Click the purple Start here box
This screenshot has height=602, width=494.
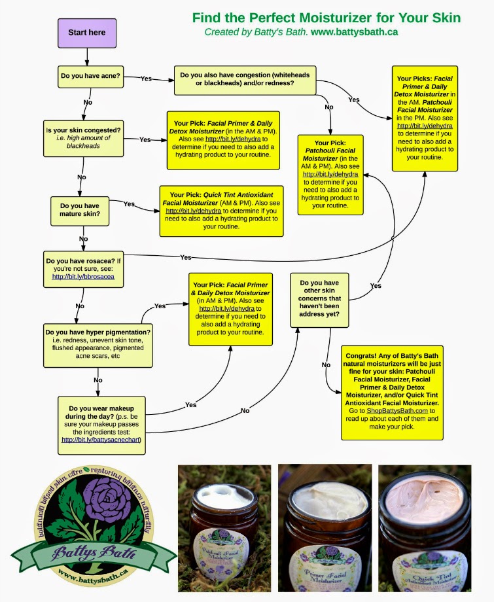point(87,32)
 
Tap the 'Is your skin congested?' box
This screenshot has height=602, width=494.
point(83,138)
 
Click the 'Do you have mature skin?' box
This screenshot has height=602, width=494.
point(80,211)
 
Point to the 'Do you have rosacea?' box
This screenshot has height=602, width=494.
point(83,268)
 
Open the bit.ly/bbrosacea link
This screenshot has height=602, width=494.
point(83,277)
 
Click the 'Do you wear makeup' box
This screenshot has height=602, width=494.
point(102,425)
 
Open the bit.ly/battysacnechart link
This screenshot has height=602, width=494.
point(101,440)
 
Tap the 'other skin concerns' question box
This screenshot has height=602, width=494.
point(319,299)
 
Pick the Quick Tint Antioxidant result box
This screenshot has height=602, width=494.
point(222,211)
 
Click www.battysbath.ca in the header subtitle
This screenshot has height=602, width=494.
point(354,31)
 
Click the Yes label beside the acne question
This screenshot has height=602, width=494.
point(146,79)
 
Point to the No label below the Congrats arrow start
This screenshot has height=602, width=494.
point(326,365)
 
